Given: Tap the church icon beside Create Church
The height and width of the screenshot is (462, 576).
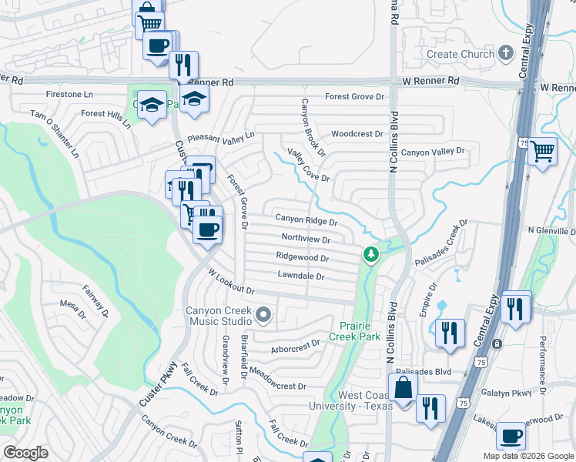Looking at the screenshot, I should [505, 52].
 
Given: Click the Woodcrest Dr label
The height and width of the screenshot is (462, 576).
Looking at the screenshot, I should [357, 134].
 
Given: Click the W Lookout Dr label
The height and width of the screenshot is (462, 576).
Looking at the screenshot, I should [231, 280].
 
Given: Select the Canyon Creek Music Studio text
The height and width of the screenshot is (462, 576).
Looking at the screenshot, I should [218, 316].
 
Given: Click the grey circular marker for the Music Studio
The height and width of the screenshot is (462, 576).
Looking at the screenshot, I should [264, 314].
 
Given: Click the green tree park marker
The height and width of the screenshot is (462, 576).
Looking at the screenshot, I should [371, 253].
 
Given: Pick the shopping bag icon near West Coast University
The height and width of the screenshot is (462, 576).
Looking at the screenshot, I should [403, 388].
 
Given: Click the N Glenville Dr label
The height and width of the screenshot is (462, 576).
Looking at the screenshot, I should [551, 231].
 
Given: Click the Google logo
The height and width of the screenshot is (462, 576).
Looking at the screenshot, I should [25, 453].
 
